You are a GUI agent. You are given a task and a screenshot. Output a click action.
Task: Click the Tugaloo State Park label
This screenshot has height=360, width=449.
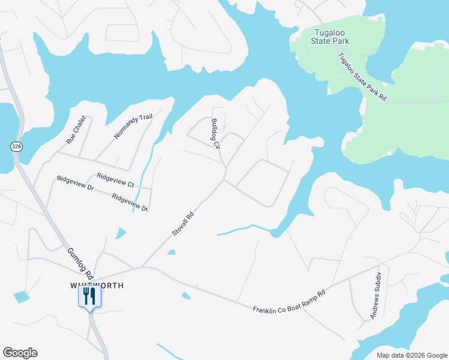(x=330, y=37)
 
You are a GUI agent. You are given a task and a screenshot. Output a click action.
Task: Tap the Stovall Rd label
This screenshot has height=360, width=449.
(x=184, y=223)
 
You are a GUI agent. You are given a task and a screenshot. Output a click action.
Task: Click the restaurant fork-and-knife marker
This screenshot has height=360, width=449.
(x=89, y=296)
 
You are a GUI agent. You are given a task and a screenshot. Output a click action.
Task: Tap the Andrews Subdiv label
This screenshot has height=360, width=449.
(x=376, y=296)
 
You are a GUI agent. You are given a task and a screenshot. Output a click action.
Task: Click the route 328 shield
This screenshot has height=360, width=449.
(x=16, y=146)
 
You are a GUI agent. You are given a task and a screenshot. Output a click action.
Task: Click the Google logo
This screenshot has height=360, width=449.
(x=20, y=353)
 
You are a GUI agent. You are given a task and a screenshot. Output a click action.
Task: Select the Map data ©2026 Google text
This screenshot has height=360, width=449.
(x=411, y=355)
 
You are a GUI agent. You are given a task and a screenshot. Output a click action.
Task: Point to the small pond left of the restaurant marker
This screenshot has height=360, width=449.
(x=21, y=296)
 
